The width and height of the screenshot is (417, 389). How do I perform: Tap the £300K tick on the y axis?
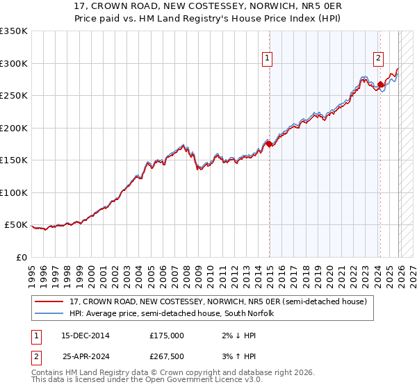click(14, 63)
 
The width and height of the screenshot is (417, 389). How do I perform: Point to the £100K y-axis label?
click(14, 192)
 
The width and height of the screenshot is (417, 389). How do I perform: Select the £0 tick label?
click(21, 257)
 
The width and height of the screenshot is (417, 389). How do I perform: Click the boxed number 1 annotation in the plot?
click(268, 59)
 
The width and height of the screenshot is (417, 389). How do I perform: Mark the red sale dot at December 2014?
click(269, 144)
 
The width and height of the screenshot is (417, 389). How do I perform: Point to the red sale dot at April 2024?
click(380, 85)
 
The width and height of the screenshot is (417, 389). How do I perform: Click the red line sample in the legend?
click(49, 302)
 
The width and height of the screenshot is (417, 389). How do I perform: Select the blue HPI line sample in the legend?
click(49, 314)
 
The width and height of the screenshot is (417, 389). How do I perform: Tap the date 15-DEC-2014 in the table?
click(85, 335)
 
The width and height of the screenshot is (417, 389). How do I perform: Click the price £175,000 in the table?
click(167, 335)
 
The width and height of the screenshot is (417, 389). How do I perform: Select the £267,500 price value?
click(167, 356)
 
